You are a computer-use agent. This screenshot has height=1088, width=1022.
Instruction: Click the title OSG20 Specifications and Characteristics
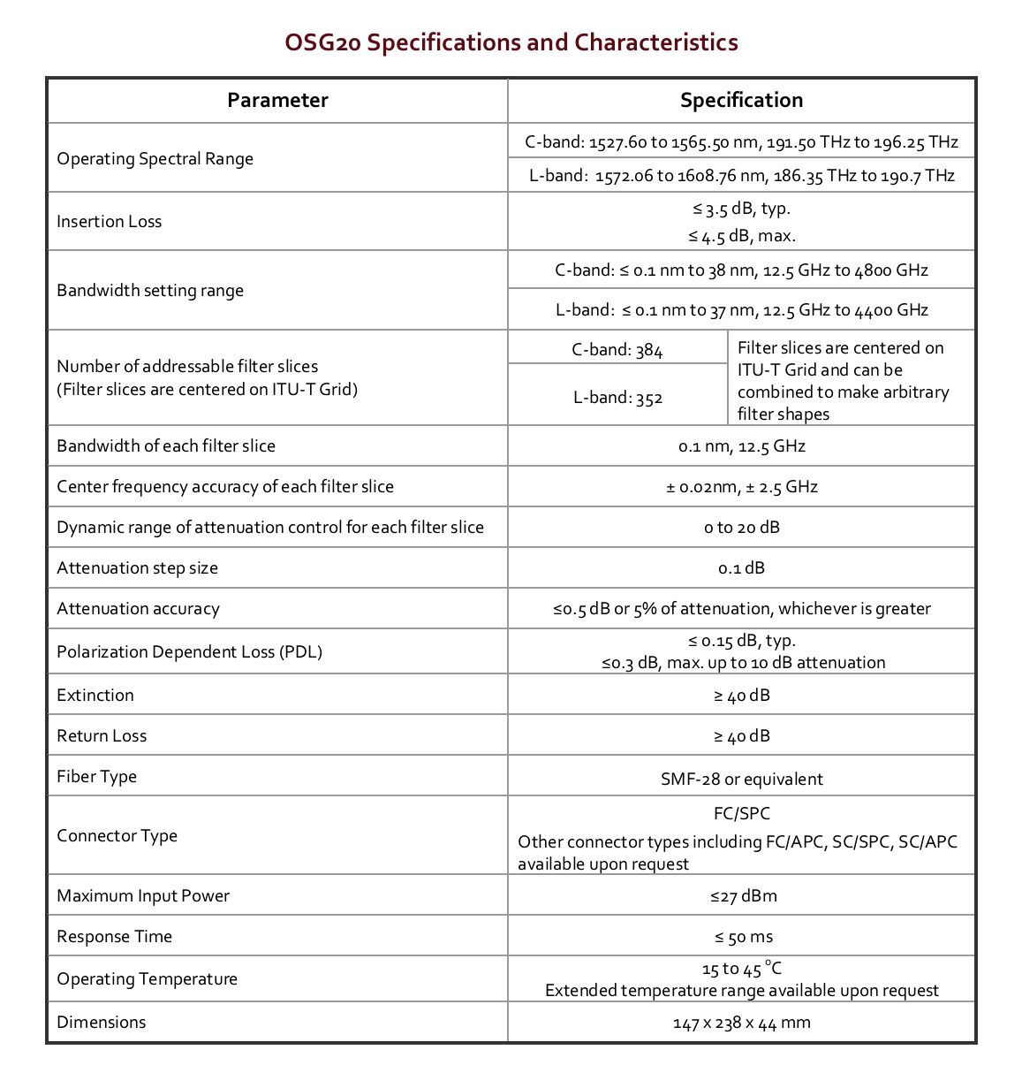511,42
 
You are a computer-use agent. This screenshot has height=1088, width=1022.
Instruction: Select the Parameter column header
277,101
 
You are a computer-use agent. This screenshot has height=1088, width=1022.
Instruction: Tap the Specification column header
741,101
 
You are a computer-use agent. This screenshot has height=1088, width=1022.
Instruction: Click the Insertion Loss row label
110,222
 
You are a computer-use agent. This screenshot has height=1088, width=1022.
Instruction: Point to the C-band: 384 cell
617,350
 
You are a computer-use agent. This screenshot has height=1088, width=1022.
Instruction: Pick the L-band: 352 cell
617,398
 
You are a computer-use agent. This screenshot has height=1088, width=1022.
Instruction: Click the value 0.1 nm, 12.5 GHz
741,446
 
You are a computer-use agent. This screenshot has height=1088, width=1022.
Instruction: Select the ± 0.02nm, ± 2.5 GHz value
741,487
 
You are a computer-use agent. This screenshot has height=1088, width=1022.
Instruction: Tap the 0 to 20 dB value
741,528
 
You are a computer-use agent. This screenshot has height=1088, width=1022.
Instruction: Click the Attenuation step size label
137,568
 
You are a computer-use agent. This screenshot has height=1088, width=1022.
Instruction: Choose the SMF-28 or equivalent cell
741,779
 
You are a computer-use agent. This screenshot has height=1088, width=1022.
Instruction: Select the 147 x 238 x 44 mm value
741,1023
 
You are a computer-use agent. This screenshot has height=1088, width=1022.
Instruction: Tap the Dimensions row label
102,1023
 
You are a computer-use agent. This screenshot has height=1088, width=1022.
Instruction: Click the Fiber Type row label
97,777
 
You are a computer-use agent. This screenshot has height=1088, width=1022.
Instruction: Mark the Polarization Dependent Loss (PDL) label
189,652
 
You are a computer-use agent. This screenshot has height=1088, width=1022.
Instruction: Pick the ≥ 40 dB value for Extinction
741,696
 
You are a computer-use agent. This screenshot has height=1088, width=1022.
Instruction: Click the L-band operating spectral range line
741,176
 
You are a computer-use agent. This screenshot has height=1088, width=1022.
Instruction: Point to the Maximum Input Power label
143,896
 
